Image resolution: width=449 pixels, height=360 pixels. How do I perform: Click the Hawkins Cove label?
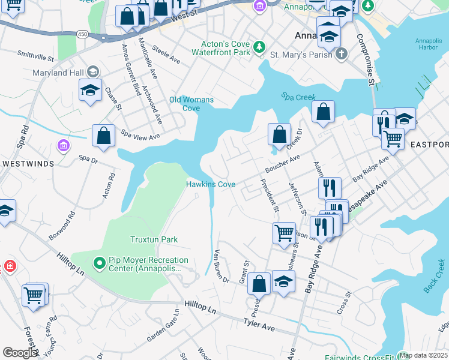210,184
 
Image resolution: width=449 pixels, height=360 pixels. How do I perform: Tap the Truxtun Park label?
154,239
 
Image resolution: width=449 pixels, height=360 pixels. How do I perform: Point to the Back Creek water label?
434,276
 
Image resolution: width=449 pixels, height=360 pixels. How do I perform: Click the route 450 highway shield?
83,35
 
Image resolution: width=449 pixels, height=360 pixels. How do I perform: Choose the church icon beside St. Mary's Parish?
341,54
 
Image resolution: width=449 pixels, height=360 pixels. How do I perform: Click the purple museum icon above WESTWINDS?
62,145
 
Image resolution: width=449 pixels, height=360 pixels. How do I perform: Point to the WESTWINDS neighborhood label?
28,163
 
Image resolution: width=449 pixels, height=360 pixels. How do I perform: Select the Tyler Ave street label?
259,325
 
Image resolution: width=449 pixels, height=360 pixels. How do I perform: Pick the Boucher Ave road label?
282,164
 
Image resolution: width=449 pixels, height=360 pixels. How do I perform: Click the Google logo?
20,352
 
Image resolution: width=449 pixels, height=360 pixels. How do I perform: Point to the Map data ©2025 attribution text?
424,355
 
